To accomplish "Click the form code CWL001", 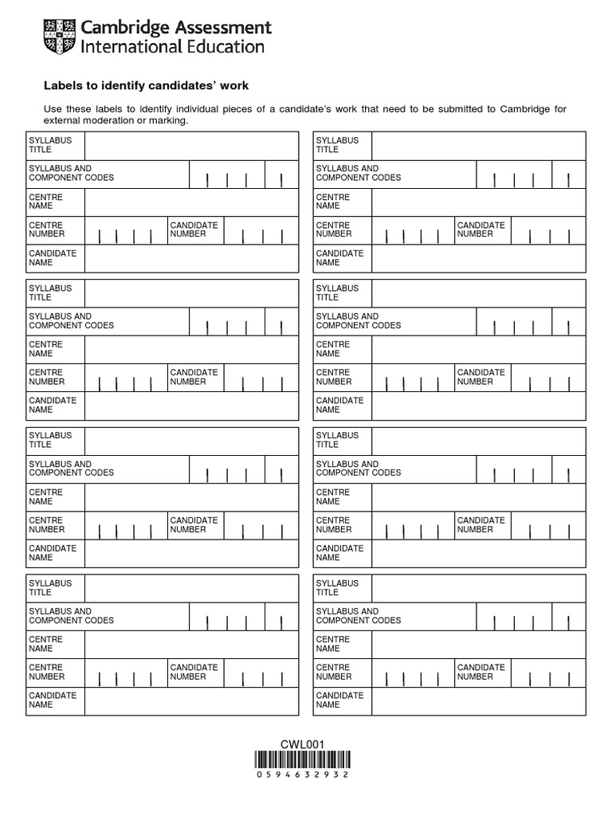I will click(302, 744).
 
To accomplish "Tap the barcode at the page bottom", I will click(303, 759).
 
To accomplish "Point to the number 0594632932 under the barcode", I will click(303, 775).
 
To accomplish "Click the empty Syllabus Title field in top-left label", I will click(191, 145).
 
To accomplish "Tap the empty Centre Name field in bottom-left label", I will click(191, 644).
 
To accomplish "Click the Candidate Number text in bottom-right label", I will click(481, 672).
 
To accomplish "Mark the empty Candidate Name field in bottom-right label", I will click(478, 700).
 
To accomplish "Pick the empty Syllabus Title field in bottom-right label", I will click(478, 588).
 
